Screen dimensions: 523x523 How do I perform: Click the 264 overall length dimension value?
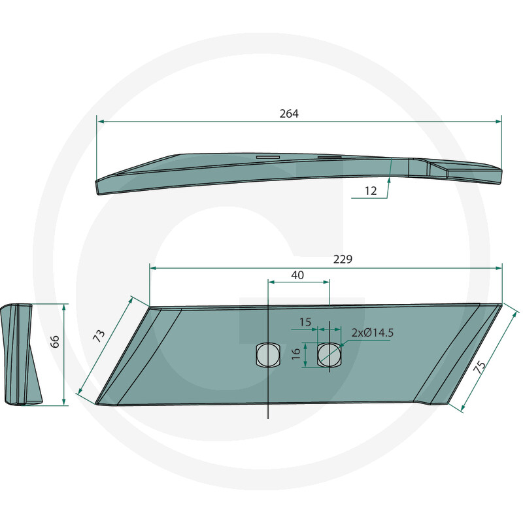289,114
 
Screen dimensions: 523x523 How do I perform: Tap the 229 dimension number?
343,259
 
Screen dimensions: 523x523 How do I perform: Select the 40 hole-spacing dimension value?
297,275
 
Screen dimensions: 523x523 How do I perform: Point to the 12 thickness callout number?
371,191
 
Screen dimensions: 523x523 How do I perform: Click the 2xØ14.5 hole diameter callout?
373,333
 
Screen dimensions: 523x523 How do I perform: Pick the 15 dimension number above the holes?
305,322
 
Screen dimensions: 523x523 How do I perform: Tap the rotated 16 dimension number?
296,354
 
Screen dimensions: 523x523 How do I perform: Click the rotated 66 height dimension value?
55,341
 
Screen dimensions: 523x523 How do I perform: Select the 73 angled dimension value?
99,336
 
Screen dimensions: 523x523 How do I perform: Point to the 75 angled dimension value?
480,367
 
